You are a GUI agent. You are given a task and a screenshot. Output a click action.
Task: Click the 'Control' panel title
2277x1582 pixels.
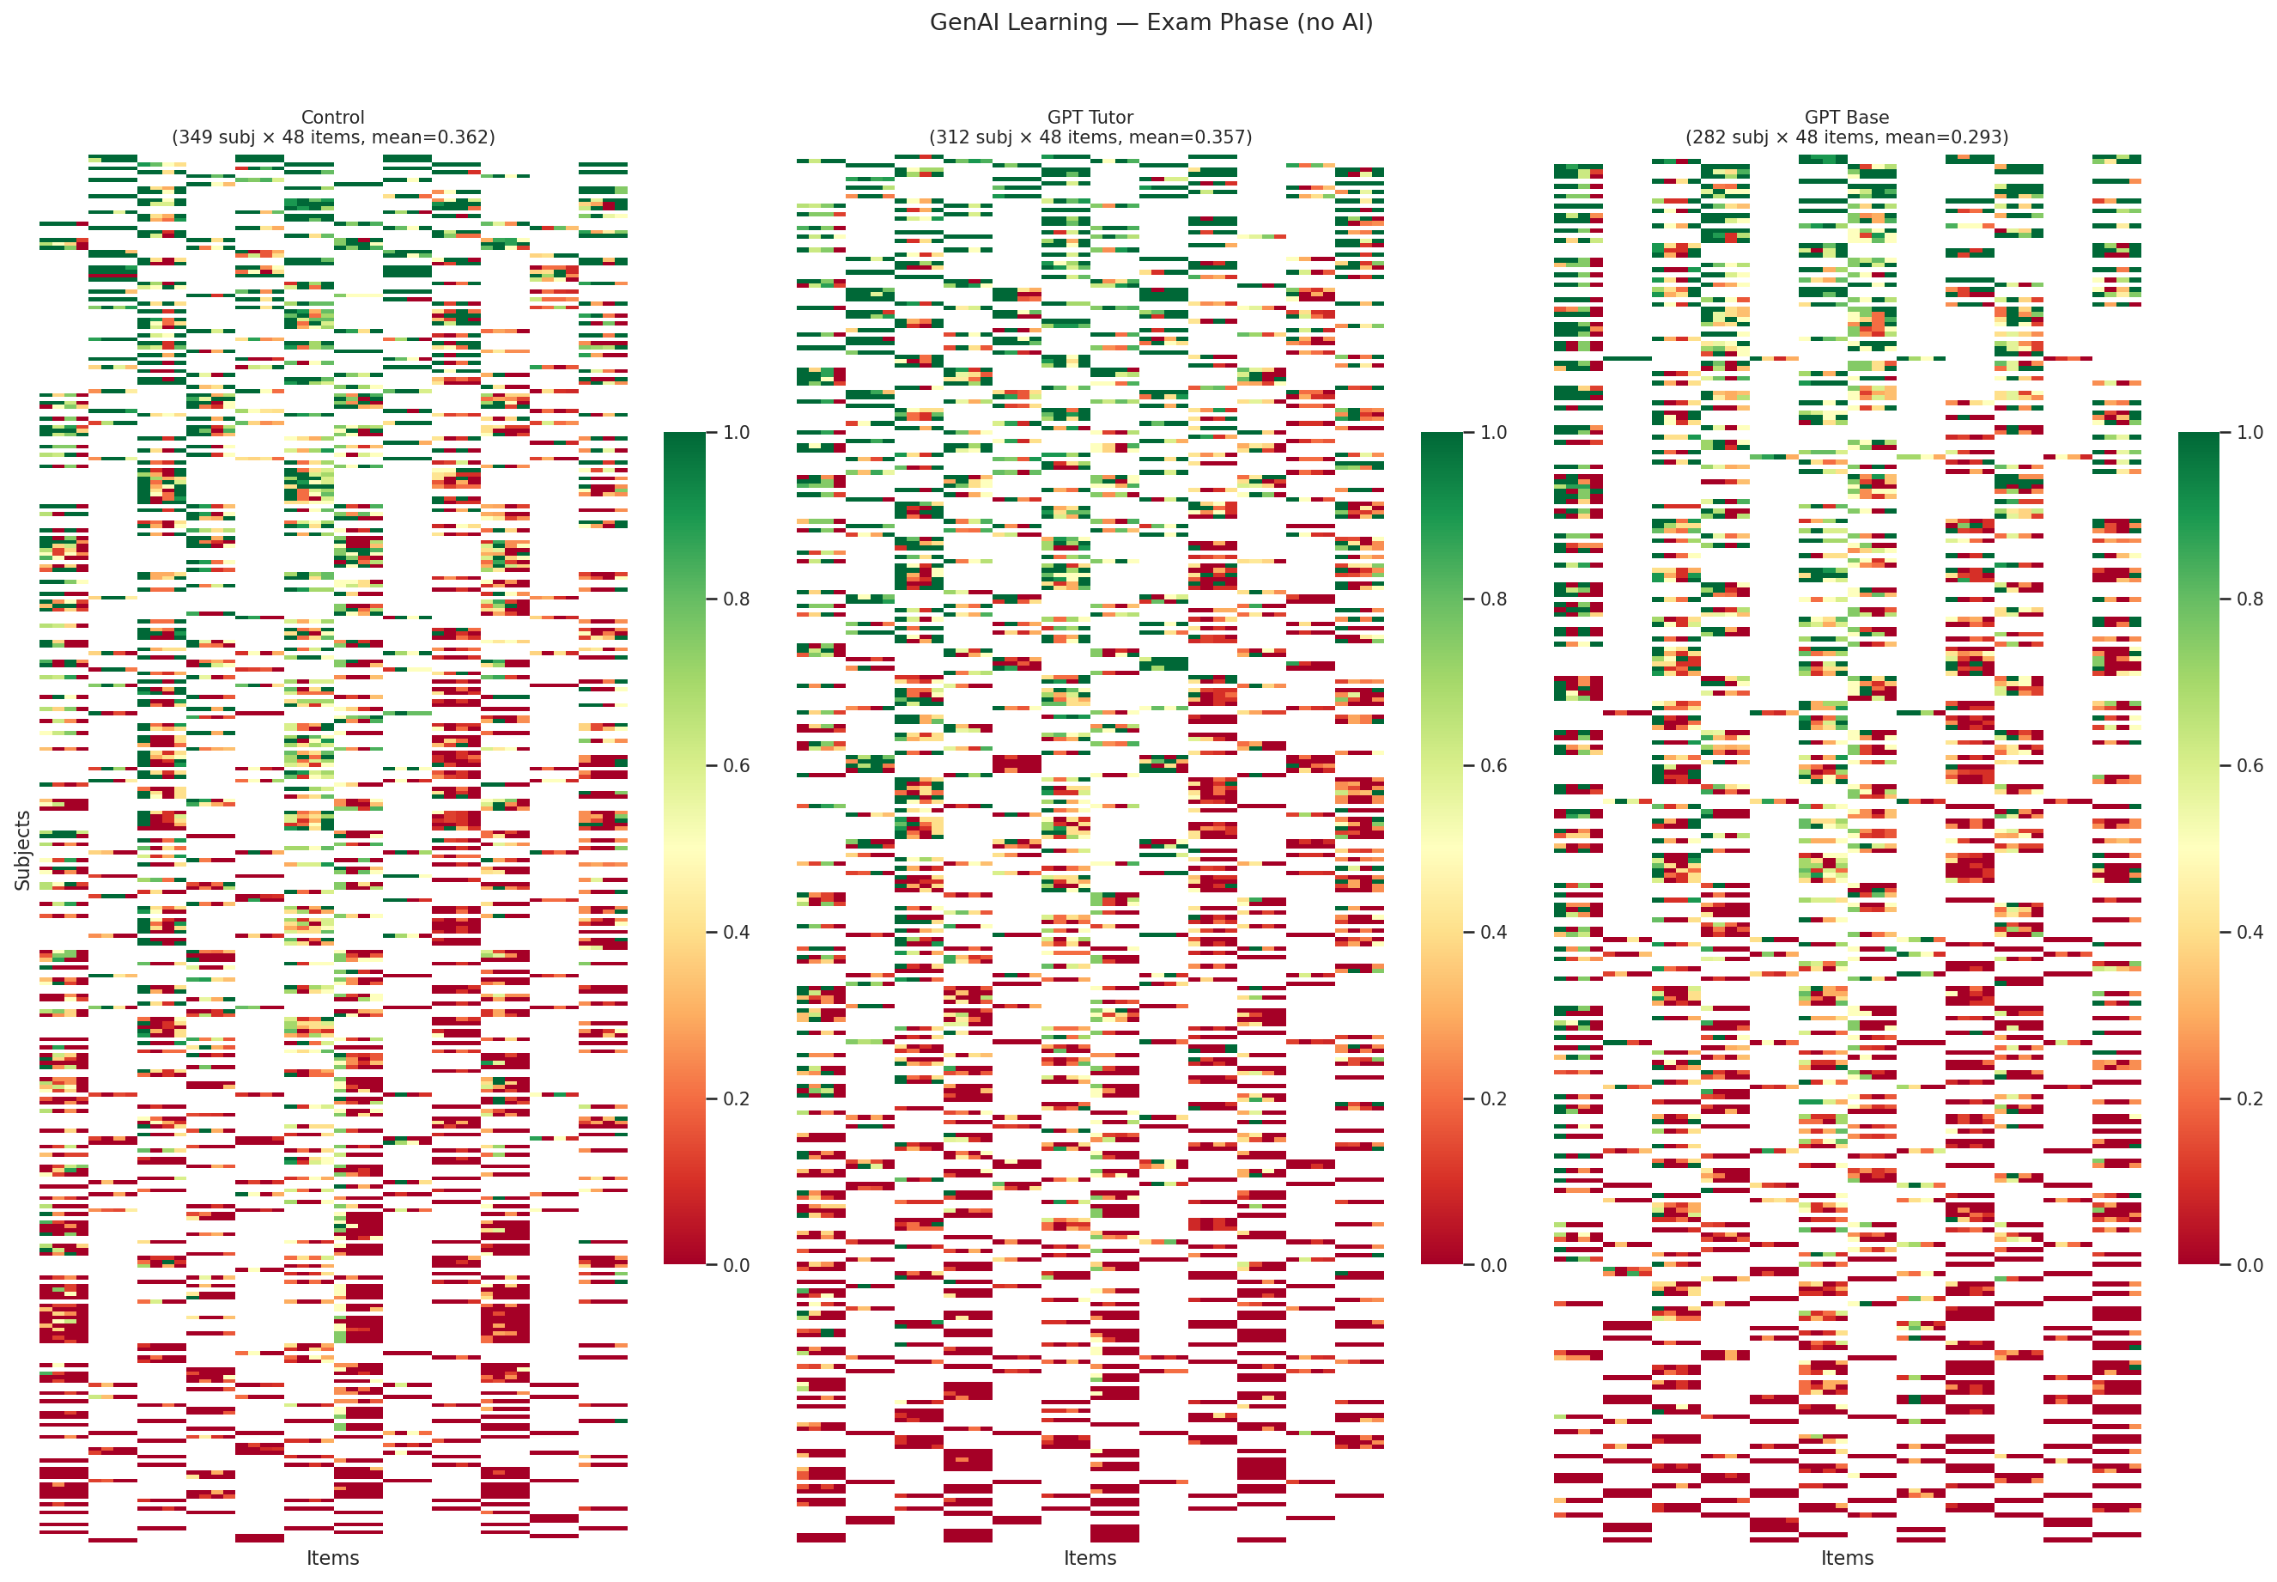pos(333,117)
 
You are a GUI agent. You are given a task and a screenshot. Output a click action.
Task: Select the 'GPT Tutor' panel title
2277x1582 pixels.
pos(1090,117)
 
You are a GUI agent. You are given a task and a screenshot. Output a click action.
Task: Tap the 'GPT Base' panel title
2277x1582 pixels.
pos(1846,117)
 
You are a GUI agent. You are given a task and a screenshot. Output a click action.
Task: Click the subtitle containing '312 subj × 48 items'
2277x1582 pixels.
pos(1090,137)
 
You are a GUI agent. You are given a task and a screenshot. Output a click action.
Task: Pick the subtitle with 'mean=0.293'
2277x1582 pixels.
pos(1846,137)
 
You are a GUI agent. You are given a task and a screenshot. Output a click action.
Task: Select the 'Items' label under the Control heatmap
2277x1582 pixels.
pos(333,1557)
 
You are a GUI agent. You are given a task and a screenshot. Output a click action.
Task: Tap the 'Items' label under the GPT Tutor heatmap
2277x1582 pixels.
pos(1090,1557)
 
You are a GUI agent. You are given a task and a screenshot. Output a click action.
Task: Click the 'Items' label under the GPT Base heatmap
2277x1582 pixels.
pos(1846,1557)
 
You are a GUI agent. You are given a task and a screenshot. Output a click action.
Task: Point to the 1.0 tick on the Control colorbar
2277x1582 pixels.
pos(735,432)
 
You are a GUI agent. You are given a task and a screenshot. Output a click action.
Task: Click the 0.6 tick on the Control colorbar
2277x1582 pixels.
pos(735,765)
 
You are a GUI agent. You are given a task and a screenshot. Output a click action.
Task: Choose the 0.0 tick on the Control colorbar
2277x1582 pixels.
pos(735,1265)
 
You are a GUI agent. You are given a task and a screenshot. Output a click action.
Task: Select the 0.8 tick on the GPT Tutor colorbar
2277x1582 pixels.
pos(1492,599)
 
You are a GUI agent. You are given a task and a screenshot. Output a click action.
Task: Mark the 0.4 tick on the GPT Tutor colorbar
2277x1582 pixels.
pos(1492,932)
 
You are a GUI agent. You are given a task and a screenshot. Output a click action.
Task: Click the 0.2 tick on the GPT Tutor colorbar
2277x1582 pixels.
pos(1492,1098)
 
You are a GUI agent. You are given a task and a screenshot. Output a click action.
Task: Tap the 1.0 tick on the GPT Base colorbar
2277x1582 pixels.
pos(2250,432)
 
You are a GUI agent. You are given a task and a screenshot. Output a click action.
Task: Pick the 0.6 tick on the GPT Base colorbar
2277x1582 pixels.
pos(2250,765)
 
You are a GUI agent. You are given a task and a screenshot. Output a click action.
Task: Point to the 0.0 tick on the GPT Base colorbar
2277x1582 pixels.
pos(2250,1265)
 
